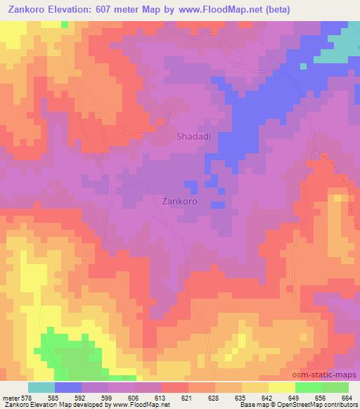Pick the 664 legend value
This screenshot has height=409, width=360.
pyautogui.click(x=346, y=398)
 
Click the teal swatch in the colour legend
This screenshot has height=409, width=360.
pyautogui.click(x=41, y=387)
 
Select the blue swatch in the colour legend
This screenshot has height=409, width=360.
pyautogui.click(x=68, y=387)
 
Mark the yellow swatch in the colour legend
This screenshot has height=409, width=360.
pyautogui.click(x=281, y=387)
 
